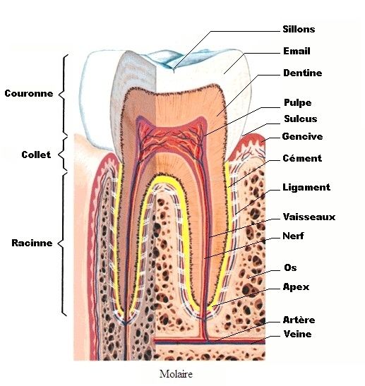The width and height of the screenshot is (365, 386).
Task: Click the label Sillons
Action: tap(299, 29)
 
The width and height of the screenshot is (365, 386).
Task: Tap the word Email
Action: tap(297, 51)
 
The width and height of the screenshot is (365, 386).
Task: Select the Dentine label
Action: tap(302, 73)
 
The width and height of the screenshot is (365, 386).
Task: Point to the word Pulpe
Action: tap(297, 102)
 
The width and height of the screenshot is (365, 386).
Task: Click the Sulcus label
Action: tap(301, 119)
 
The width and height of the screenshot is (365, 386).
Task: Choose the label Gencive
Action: tap(302, 136)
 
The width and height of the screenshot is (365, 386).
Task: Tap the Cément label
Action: tap(302, 158)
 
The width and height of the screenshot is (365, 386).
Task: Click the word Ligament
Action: tap(306, 187)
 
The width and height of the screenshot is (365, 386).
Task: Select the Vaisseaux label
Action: tap(309, 217)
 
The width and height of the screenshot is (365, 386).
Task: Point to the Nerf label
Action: tap(293, 236)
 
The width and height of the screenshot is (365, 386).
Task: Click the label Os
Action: tap(290, 267)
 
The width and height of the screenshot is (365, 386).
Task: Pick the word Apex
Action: tap(296, 287)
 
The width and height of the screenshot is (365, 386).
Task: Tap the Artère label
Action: tap(299, 320)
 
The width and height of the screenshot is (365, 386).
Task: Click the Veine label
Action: tap(297, 334)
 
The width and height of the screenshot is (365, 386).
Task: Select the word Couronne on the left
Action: tap(29, 93)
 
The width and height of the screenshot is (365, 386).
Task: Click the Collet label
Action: tap(36, 155)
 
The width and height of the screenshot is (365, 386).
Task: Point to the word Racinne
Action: tap(32, 243)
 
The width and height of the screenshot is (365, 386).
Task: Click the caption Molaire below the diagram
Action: tap(176, 374)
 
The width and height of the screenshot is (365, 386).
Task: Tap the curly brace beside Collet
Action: tap(61, 155)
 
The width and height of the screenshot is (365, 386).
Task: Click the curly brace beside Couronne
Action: tap(62, 94)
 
